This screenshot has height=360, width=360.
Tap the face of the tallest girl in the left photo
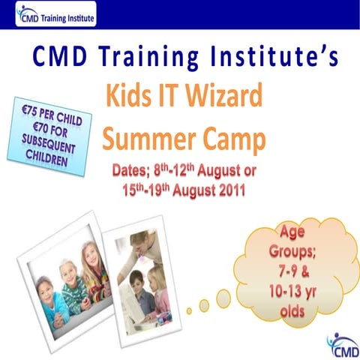coord(92,259)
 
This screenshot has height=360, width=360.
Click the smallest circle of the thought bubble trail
coord(189,309)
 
